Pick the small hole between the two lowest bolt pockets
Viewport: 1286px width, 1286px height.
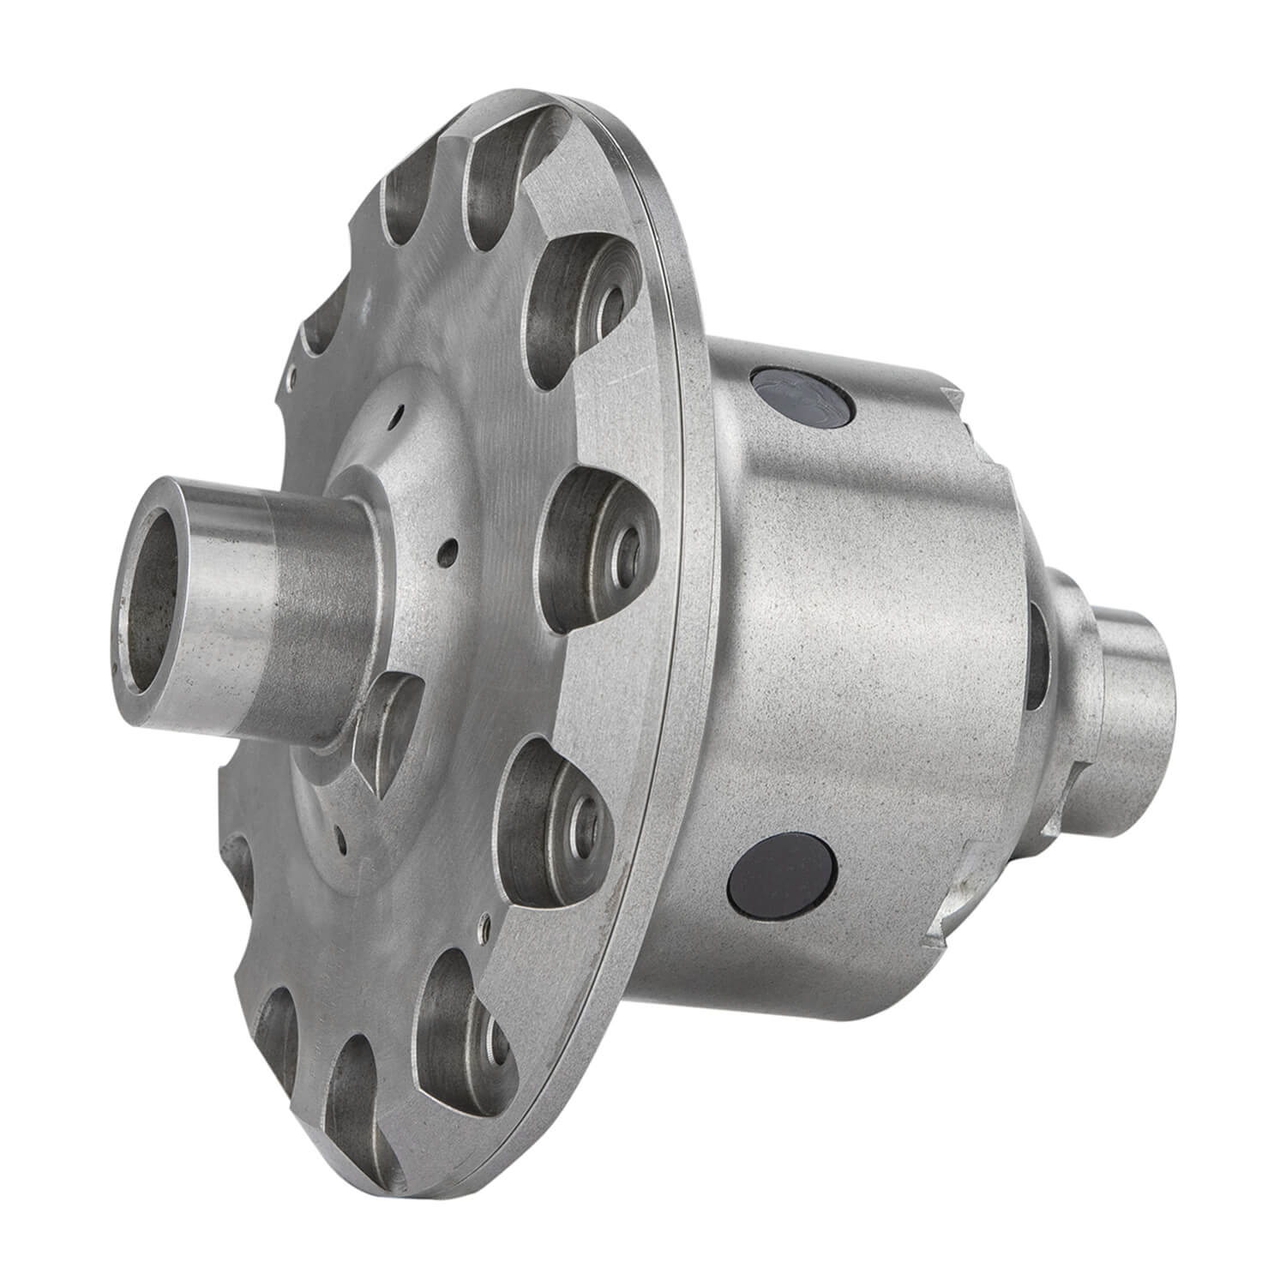(485, 925)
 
